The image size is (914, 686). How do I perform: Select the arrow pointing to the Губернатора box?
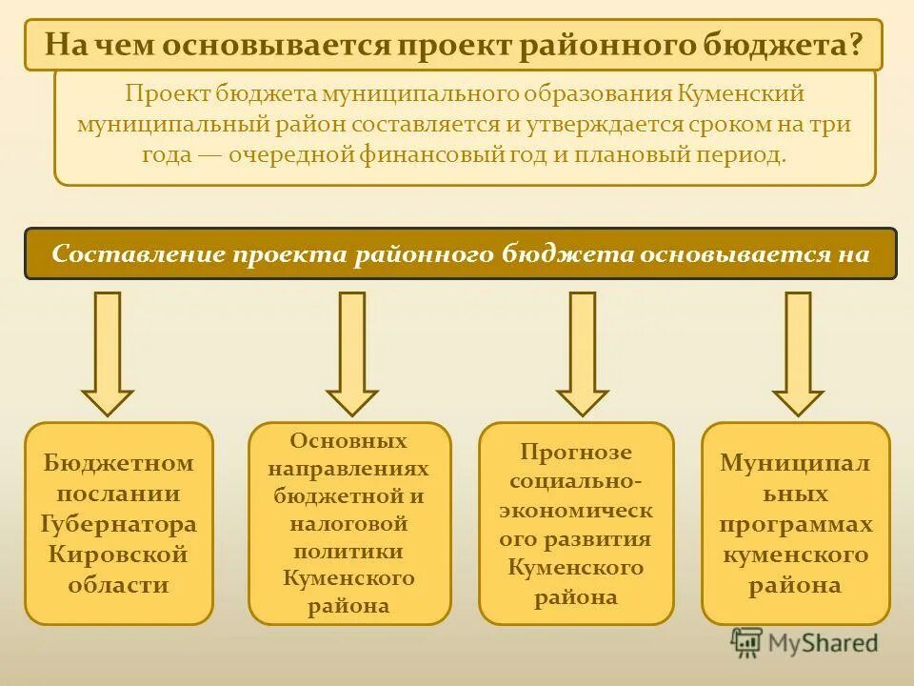[x=108, y=353]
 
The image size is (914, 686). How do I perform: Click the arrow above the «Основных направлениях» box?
[x=352, y=353]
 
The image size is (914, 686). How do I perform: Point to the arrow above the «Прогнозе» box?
[x=582, y=353]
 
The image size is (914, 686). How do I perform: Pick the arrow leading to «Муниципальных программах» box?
[x=798, y=353]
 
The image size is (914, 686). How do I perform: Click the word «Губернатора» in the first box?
[x=119, y=524]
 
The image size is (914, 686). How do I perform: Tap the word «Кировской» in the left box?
[x=119, y=555]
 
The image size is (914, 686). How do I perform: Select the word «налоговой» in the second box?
[x=348, y=523]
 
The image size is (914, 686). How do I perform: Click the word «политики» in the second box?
[x=348, y=551]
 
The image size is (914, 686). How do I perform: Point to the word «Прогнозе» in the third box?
[x=576, y=453]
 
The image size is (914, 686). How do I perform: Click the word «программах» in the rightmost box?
[x=796, y=524]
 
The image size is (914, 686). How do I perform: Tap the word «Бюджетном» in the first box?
[x=119, y=464]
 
